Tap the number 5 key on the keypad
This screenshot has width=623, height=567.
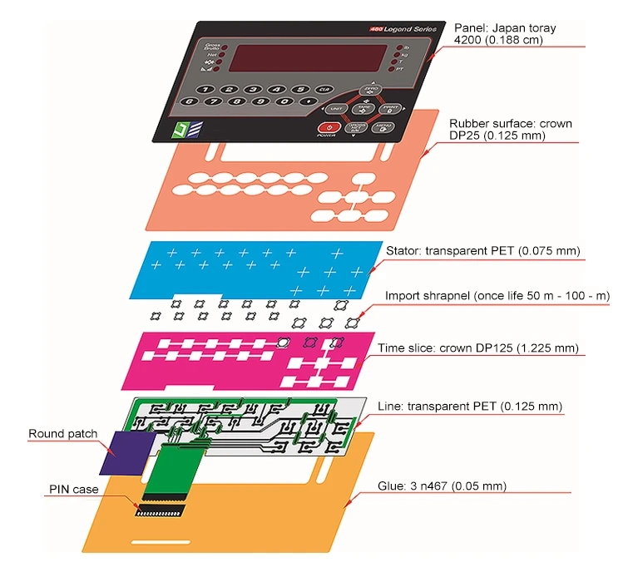pos(300,89)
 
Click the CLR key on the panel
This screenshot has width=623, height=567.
pos(324,89)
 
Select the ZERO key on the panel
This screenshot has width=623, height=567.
pos(369,90)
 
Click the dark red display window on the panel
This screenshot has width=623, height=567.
pos(312,57)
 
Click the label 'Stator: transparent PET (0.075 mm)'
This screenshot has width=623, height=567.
pos(483,251)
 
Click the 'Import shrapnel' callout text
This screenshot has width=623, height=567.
pos(497,296)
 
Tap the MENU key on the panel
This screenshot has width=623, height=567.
pos(382,127)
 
